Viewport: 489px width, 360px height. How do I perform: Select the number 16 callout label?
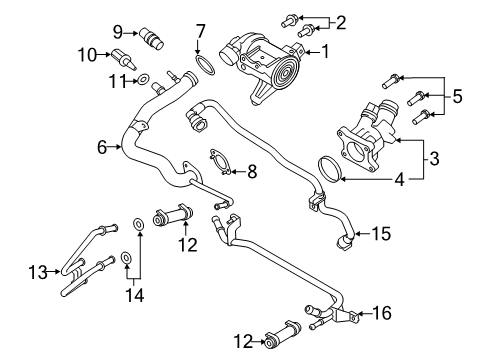pos(382,313)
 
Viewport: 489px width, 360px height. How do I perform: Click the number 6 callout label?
pos(103,147)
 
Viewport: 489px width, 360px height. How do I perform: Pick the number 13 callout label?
pos(38,271)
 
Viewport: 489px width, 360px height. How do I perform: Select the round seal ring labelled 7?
pos(205,67)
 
